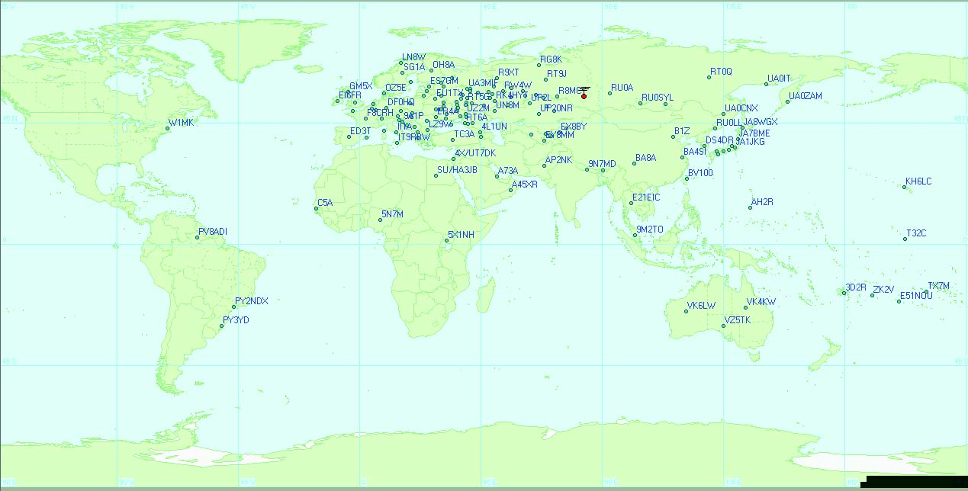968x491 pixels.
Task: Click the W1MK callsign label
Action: coord(182,123)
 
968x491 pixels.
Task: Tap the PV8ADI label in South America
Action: coord(213,231)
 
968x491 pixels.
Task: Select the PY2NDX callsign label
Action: coord(252,300)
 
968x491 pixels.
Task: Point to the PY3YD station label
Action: coord(236,320)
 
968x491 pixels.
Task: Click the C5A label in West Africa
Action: coord(325,202)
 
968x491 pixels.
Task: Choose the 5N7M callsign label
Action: coord(392,214)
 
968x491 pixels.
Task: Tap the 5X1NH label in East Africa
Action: coord(461,235)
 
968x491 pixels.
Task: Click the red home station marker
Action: coord(584,96)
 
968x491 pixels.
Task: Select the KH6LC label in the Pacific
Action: coord(918,181)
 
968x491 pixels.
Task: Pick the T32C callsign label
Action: coord(916,233)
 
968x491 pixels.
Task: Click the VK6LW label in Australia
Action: coord(701,306)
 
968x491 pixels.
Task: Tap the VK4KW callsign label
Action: coord(761,302)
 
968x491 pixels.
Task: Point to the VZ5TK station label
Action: coord(738,320)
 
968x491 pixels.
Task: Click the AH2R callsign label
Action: coord(762,202)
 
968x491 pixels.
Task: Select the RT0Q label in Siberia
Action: coord(721,72)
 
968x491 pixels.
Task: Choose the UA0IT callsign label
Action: coord(780,78)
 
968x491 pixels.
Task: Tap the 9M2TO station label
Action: coord(650,229)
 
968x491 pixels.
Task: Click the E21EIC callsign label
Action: coord(645,197)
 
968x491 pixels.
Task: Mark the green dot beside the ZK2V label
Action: coord(872,295)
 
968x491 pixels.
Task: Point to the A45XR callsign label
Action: coord(524,185)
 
